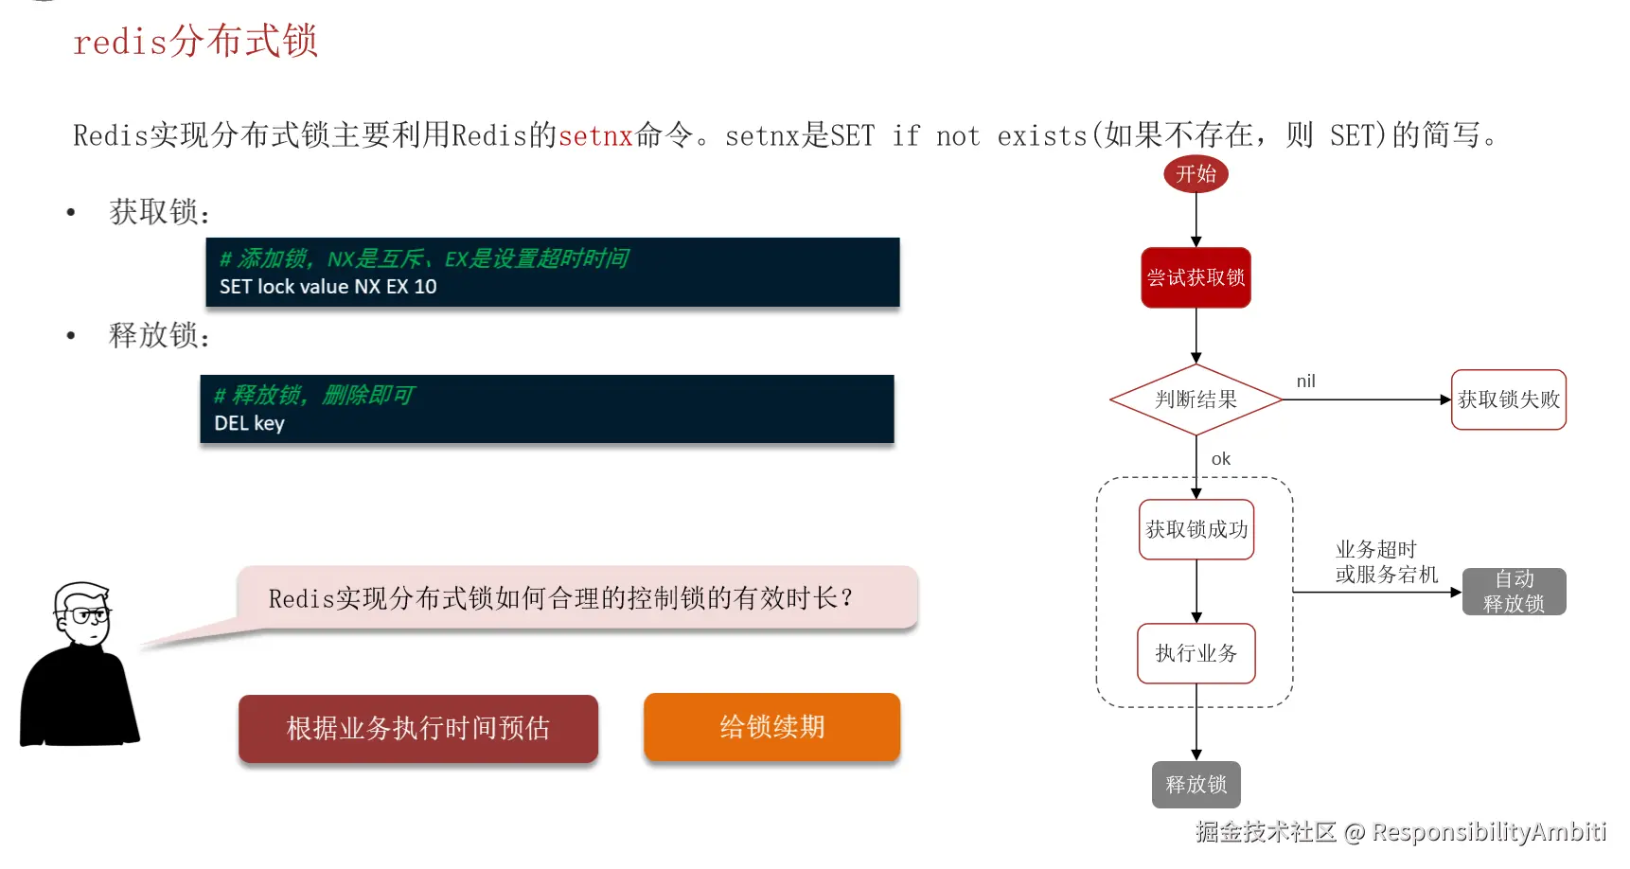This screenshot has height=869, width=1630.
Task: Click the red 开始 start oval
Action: [x=1196, y=174]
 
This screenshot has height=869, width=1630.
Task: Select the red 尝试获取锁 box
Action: [x=1196, y=277]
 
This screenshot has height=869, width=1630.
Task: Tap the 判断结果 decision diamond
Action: [x=1196, y=399]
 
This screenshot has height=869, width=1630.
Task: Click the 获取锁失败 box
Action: [x=1508, y=399]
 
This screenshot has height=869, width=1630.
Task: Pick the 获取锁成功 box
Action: [x=1196, y=529]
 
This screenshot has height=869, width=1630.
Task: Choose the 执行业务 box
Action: [x=1196, y=653]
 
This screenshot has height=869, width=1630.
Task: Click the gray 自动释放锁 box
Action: [x=1514, y=592]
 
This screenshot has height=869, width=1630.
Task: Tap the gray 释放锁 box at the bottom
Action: [x=1196, y=785]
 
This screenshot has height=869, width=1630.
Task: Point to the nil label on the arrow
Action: [x=1305, y=381]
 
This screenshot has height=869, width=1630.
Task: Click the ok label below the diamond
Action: [x=1221, y=459]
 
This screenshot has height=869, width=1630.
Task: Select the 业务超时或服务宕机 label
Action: [x=1386, y=562]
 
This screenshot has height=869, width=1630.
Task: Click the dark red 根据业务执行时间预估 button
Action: [x=417, y=728]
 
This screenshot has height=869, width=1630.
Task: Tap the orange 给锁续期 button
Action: [x=771, y=727]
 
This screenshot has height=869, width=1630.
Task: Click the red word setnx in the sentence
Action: [x=595, y=136]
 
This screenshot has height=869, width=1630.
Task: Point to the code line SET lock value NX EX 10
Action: [x=328, y=287]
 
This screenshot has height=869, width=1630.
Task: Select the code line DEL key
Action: [x=249, y=423]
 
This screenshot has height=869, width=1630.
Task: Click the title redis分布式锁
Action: [x=195, y=42]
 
